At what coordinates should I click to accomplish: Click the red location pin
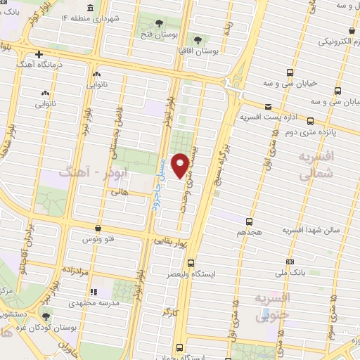[181, 165]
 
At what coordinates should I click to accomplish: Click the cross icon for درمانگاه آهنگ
[39, 53]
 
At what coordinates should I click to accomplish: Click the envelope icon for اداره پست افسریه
[272, 117]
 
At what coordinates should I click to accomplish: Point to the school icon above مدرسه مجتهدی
[95, 291]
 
